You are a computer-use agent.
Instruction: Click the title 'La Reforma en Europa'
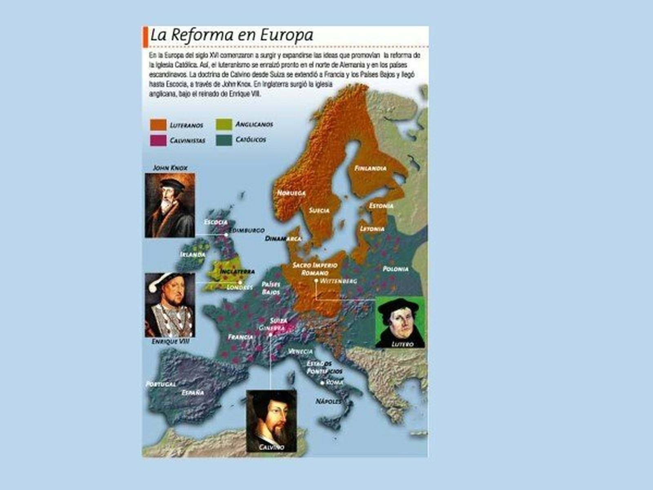231,35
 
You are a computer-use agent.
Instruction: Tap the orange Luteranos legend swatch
158,125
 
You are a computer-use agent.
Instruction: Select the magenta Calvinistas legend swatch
158,140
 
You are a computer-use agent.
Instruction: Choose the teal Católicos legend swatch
224,140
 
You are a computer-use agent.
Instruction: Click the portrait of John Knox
170,205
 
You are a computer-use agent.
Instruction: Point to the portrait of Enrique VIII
170,305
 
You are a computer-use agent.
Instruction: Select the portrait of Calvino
271,421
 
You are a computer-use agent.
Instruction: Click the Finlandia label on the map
370,168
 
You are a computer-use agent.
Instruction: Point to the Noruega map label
291,193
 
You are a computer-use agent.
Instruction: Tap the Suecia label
319,211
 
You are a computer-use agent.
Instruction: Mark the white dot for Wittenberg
316,281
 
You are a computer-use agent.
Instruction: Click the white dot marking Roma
322,383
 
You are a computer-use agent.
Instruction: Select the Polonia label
395,269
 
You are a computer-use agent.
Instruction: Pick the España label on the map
193,392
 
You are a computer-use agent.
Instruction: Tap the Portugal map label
161,384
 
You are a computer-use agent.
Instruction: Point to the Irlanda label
193,254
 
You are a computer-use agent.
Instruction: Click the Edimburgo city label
247,231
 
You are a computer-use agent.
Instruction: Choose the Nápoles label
329,402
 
